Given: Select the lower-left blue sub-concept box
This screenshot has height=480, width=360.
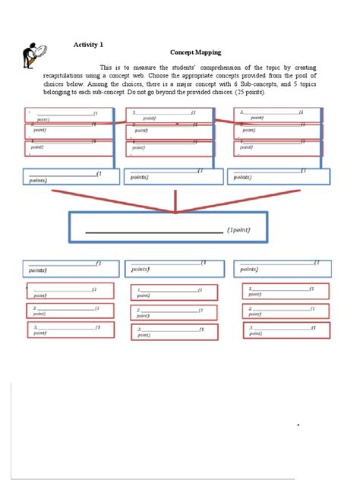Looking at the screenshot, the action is [x=71, y=267].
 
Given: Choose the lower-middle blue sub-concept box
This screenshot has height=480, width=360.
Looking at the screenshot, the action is [x=174, y=267].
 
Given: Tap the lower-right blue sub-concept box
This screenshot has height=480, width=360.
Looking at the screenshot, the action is [x=281, y=267].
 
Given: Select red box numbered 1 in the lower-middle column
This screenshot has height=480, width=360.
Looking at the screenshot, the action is [x=174, y=292].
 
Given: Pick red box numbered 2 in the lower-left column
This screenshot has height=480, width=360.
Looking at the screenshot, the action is [x=70, y=311].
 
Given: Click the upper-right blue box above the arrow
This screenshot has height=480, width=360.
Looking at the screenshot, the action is [x=279, y=176].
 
